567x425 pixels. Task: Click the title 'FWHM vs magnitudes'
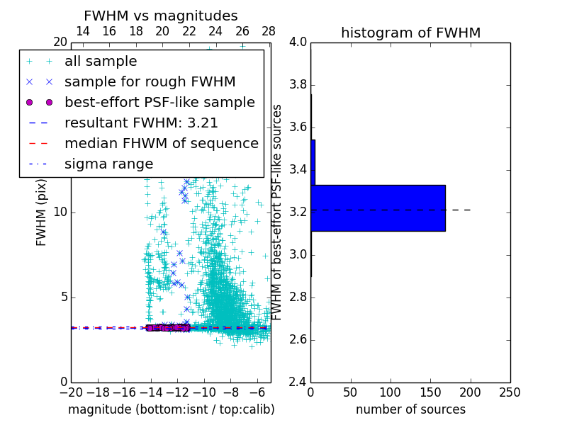tap(161, 16)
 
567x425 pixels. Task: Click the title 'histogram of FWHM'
tap(410, 33)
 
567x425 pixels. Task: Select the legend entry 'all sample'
tap(101, 62)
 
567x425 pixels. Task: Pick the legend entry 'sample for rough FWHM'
tap(150, 82)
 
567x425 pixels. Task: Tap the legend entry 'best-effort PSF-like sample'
tap(159, 102)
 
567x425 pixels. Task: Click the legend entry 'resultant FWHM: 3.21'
tap(141, 123)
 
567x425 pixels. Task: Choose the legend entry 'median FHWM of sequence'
tap(162, 143)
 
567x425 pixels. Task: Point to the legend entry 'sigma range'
tap(108, 164)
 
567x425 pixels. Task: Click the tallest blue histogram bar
tap(378, 208)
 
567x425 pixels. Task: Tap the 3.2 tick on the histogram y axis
tap(298, 212)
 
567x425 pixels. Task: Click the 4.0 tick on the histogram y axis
tap(298, 42)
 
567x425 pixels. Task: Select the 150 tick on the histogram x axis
tap(430, 392)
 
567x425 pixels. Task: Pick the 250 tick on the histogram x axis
tap(510, 392)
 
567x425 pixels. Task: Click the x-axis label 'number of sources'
tap(410, 409)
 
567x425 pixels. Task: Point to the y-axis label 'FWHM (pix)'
tap(42, 212)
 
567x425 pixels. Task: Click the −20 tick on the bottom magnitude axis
tap(71, 392)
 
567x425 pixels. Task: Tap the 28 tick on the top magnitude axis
tap(269, 31)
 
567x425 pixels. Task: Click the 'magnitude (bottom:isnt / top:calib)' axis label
tap(171, 409)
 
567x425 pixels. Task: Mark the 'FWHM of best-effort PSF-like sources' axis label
tap(278, 212)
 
